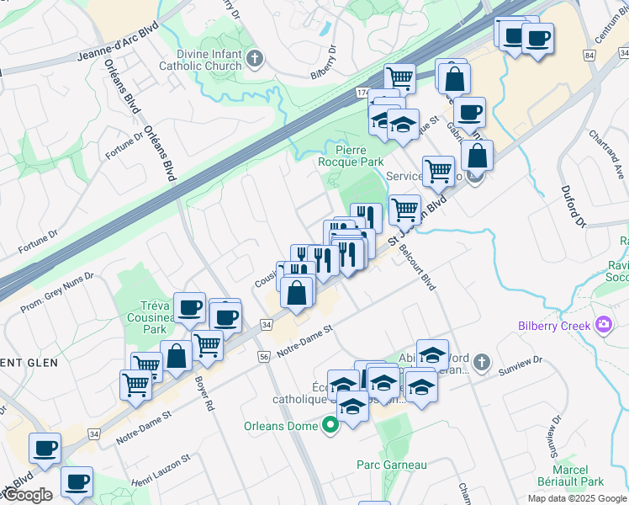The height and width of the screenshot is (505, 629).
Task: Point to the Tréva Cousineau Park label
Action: point(155,318)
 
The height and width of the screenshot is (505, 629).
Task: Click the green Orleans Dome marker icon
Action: point(330,426)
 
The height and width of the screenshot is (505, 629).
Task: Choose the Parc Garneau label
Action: point(391,465)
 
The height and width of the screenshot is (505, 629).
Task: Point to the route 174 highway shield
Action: point(362,91)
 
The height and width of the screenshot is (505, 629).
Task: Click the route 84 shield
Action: point(589,55)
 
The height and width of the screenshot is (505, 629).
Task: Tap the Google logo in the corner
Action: point(27,495)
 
